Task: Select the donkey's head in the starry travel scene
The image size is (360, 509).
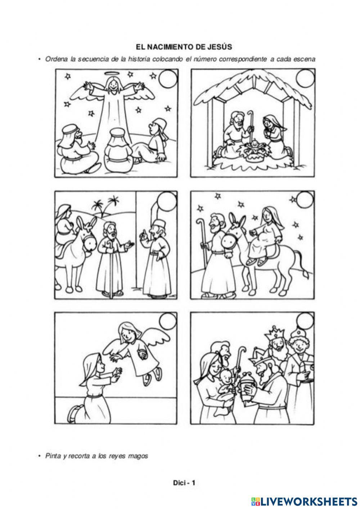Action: (x=230, y=238)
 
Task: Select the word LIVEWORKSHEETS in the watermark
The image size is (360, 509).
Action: (x=309, y=501)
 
